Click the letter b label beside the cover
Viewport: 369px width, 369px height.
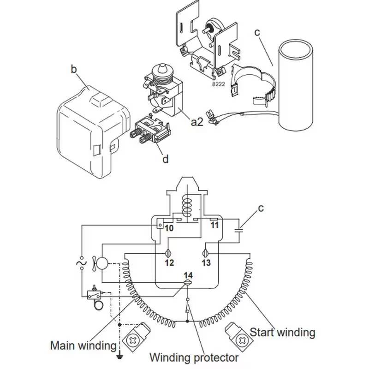74,70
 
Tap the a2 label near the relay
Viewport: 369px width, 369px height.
197,122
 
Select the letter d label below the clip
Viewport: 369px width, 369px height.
165,160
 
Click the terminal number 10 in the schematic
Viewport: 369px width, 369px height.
169,228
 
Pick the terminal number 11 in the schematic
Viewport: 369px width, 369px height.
214,226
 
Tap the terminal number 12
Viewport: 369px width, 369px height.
169,263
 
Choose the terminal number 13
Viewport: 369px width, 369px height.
206,263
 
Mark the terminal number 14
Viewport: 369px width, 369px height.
188,275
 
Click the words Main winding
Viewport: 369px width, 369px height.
83,345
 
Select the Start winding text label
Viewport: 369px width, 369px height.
282,332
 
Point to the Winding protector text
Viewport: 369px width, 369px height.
194,357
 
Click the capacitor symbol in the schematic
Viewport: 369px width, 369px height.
239,229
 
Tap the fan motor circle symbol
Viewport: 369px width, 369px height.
101,264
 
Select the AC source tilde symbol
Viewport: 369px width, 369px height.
82,264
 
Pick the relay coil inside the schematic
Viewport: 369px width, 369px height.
187,206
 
